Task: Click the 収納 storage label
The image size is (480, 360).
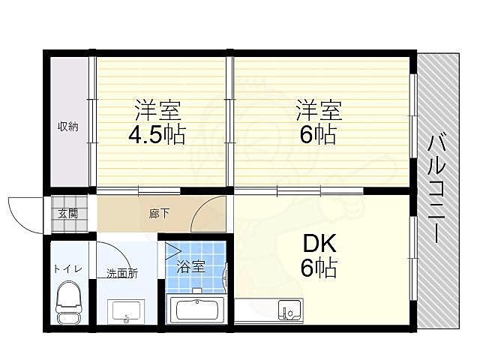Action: [68, 127]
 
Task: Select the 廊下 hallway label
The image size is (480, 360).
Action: [158, 214]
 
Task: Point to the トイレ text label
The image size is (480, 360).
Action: [67, 268]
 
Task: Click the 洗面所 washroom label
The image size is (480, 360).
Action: [121, 274]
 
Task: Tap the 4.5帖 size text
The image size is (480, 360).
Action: [156, 136]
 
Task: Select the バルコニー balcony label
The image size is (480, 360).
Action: [434, 187]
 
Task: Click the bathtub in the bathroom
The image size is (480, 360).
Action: [196, 310]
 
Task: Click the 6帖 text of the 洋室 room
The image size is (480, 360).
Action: [319, 136]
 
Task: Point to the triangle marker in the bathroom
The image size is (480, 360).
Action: [173, 252]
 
